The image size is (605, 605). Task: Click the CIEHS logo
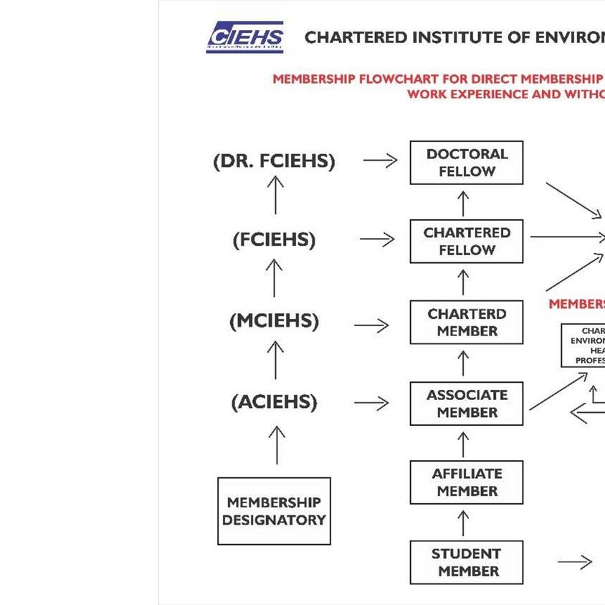pos(245,37)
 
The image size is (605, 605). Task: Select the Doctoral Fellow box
pos(467,163)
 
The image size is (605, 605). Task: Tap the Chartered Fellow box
pos(467,242)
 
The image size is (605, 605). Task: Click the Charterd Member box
pos(467,323)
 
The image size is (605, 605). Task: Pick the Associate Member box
pos(467,404)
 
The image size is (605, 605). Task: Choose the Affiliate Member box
pos(467,482)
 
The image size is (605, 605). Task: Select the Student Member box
pos(467,563)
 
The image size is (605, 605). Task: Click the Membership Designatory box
pos(274,511)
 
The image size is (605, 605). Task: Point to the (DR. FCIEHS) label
pos(274,161)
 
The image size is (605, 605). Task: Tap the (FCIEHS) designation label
pos(274,240)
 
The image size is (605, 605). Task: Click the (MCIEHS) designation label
pos(274,321)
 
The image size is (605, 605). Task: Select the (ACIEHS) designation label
pos(274,402)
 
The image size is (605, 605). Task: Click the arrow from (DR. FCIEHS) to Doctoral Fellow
pos(380,161)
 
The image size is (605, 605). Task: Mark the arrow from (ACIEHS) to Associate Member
pos(371,404)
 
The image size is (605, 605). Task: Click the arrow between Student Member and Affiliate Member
pos(464,523)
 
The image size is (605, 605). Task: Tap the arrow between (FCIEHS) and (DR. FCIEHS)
pos(275,194)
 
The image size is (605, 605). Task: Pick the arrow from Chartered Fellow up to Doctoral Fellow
pos(464,203)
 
